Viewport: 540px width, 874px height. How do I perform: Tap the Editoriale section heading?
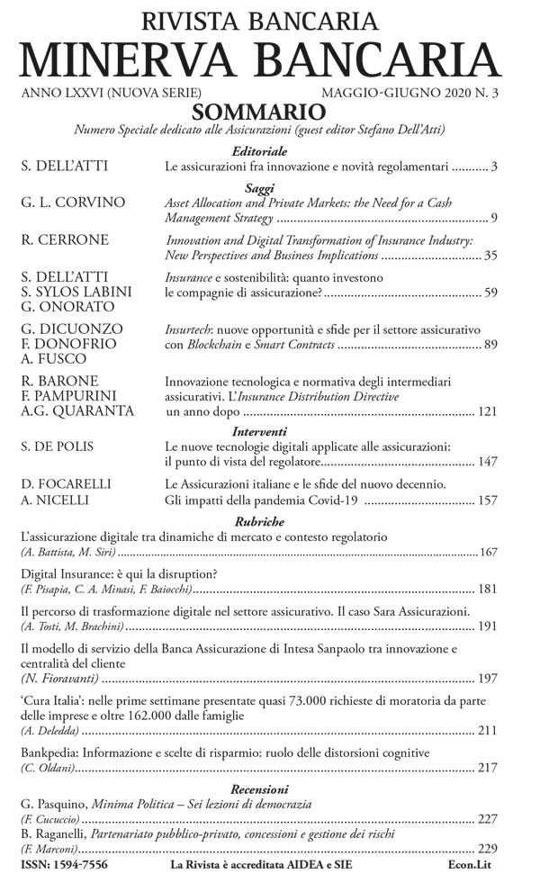[x=259, y=151]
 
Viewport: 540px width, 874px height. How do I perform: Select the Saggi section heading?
[x=259, y=188]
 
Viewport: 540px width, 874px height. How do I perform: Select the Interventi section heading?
[x=259, y=432]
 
